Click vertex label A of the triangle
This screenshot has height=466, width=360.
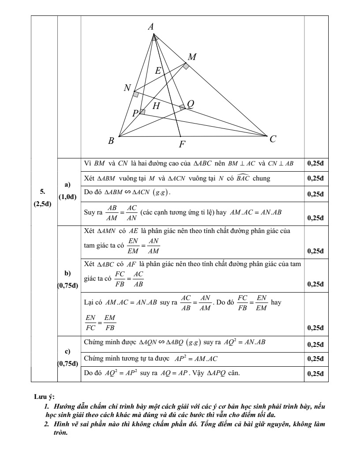(x=151, y=26)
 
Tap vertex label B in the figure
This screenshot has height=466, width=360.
(x=111, y=141)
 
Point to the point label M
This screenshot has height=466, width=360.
(x=192, y=57)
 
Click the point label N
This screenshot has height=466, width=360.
(x=127, y=88)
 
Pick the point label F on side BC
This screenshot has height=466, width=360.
(x=182, y=144)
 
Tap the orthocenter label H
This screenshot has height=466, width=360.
(x=156, y=106)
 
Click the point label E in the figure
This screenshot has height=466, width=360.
(x=158, y=70)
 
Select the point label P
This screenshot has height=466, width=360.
(x=135, y=113)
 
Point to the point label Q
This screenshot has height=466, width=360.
(x=191, y=103)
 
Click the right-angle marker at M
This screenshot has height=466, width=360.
(x=186, y=66)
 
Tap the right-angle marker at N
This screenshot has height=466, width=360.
(x=136, y=94)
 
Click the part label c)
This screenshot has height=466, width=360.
(x=67, y=351)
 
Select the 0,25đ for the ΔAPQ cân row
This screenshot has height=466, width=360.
(x=315, y=374)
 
